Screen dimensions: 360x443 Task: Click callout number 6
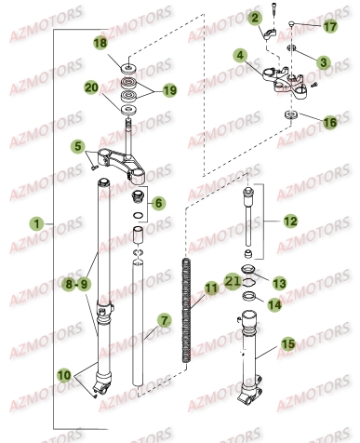point(157,202)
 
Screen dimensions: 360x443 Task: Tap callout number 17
point(329,26)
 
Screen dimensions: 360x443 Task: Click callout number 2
point(253,17)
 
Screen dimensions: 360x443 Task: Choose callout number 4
point(241,57)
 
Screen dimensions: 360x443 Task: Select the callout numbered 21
point(234,279)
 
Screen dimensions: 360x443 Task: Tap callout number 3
point(324,61)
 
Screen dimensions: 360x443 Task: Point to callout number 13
point(277,282)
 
